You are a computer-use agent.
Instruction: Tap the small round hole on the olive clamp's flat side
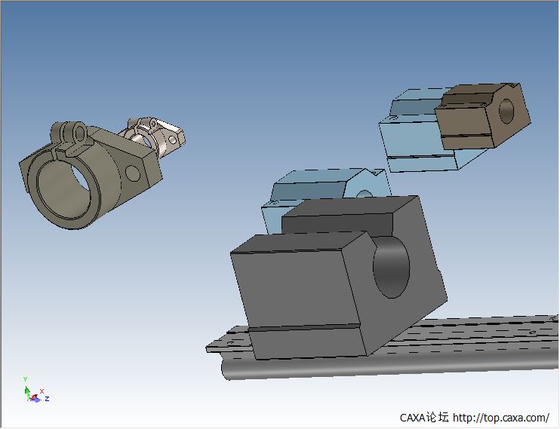[133, 173]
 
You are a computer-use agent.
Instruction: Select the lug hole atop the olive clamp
[80, 133]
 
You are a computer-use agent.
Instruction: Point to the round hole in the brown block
[506, 111]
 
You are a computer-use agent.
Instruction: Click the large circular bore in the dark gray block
[391, 268]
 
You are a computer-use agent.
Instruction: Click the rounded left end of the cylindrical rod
[226, 369]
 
